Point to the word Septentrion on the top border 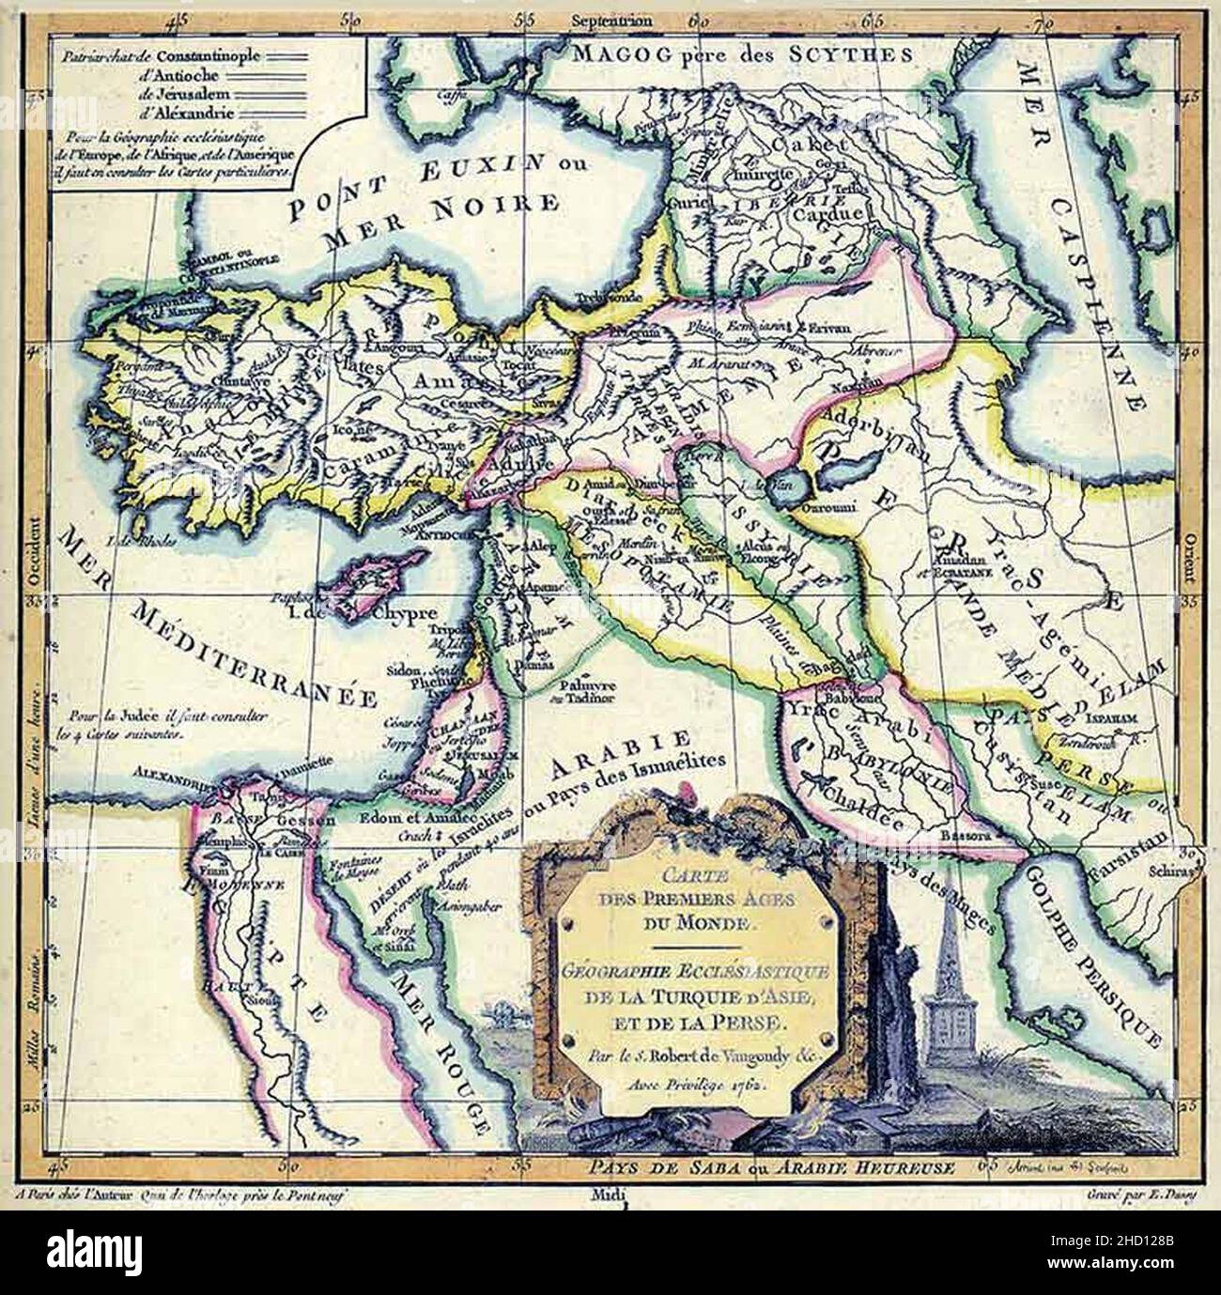pyautogui.click(x=610, y=18)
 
